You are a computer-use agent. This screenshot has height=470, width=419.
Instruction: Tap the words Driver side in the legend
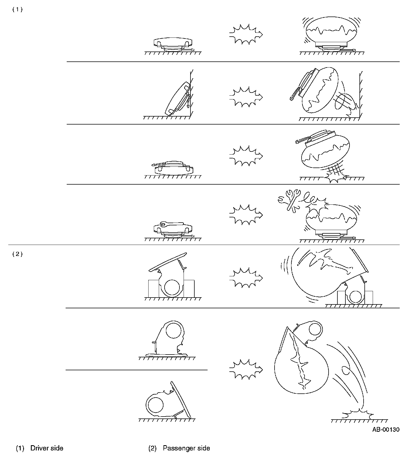(x=47, y=448)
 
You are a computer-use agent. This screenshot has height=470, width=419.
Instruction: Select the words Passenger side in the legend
(x=186, y=448)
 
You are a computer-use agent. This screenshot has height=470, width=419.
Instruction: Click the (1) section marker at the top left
(x=17, y=10)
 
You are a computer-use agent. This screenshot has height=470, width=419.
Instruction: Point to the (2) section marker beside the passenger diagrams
(x=17, y=254)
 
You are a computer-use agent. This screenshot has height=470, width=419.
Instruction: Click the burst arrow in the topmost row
(x=246, y=34)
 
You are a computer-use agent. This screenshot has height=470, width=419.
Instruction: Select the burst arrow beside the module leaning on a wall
(x=246, y=97)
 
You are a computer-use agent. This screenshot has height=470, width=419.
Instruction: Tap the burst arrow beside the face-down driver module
(x=246, y=156)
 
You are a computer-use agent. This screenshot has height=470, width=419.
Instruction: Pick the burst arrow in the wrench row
(x=246, y=215)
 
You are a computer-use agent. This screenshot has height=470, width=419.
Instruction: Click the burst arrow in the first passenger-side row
(x=246, y=278)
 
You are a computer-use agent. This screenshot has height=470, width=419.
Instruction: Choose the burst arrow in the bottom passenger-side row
(x=246, y=369)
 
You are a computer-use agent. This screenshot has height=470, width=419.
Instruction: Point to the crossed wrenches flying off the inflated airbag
(x=289, y=200)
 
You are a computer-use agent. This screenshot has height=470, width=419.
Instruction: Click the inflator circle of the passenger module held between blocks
(x=172, y=288)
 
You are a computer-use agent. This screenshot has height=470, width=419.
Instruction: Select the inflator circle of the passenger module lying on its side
(x=155, y=405)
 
